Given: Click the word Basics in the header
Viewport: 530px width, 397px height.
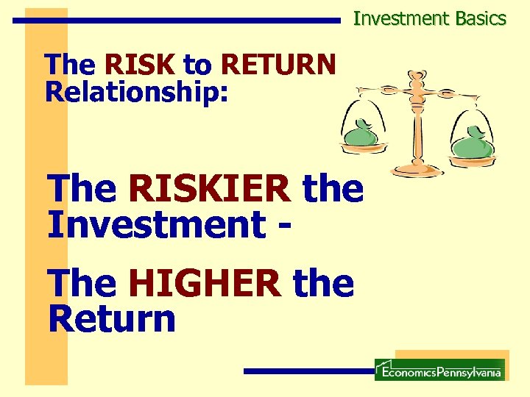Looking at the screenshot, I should (480, 18).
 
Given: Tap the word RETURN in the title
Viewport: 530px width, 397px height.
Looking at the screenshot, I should (278, 65).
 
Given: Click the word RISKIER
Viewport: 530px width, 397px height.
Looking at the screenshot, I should (209, 190).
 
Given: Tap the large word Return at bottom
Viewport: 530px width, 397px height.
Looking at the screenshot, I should (112, 318).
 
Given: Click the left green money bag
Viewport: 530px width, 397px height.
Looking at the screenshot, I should (361, 136).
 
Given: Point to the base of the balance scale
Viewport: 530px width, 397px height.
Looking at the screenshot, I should (417, 171).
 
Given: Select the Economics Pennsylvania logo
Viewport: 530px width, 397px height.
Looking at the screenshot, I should (439, 370).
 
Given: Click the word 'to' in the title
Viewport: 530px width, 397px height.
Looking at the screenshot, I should (196, 65).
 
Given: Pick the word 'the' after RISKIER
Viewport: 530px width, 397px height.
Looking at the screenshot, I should (333, 190).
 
